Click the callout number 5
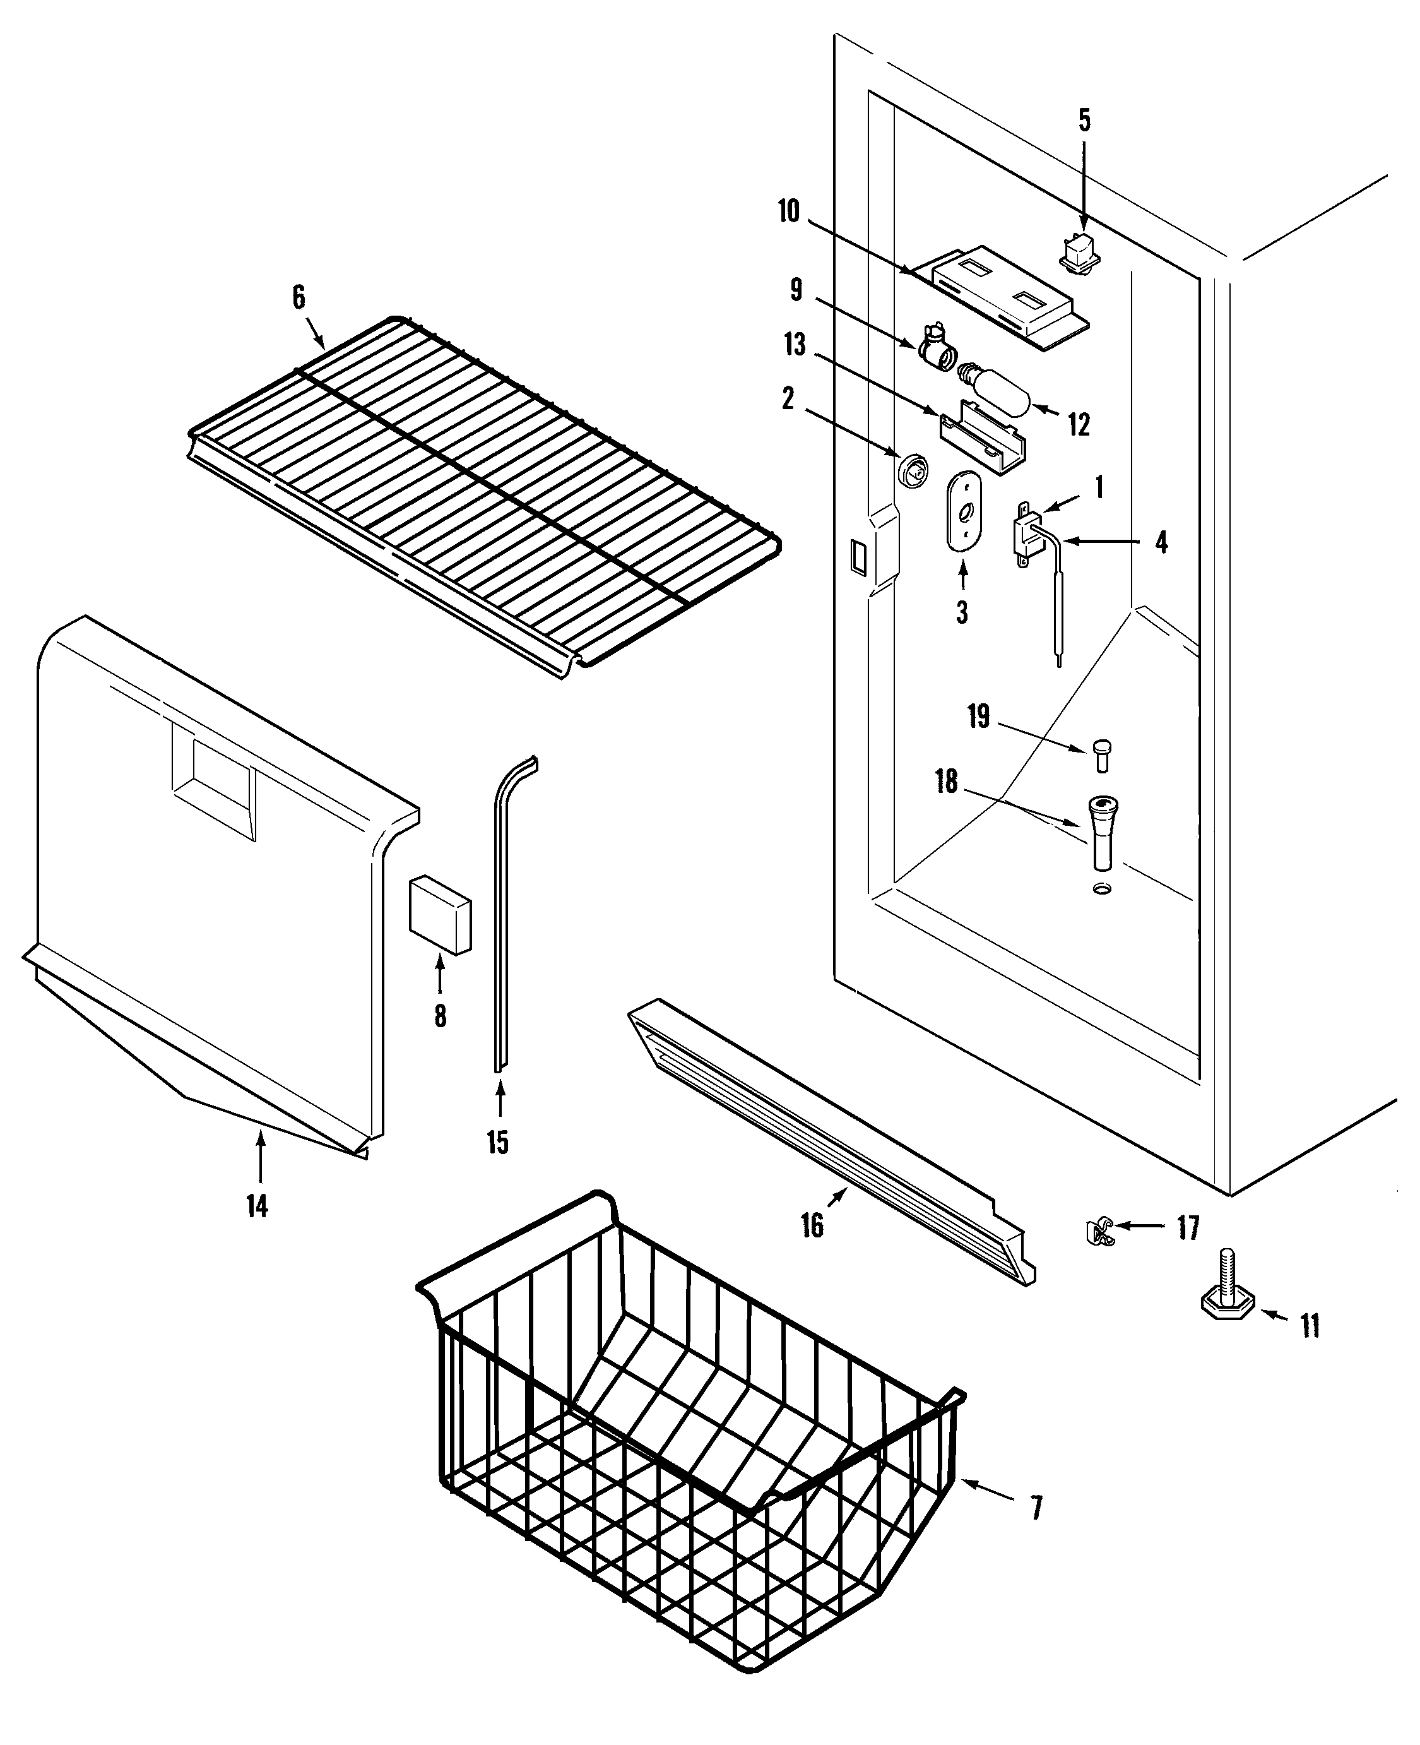[1084, 120]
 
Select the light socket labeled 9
[934, 348]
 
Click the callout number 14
[257, 1206]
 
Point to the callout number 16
[812, 1225]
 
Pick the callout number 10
[788, 211]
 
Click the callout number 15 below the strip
[497, 1141]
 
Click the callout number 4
[1161, 542]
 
